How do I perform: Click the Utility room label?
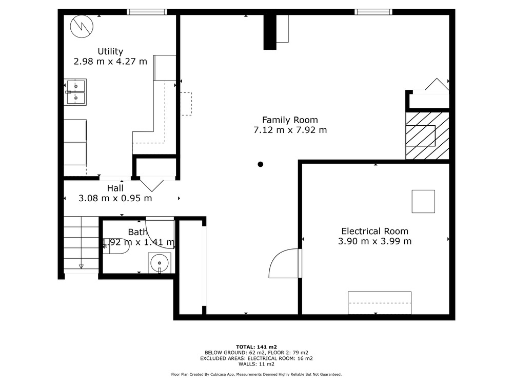(110, 51)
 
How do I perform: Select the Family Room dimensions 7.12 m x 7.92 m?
(290, 130)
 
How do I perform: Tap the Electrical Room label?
(374, 231)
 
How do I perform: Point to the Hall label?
(115, 188)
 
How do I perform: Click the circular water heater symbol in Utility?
(82, 26)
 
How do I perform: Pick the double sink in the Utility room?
(75, 92)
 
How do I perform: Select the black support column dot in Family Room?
(261, 164)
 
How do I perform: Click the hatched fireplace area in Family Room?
(427, 136)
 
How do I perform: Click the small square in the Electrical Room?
(423, 201)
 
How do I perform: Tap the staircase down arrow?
(81, 266)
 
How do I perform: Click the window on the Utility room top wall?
(147, 12)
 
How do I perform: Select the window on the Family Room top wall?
(373, 12)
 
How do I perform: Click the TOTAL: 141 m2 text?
(256, 347)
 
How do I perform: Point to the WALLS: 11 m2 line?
(256, 364)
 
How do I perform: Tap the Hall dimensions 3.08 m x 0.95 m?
(115, 198)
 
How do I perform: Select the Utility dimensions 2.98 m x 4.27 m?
(110, 62)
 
